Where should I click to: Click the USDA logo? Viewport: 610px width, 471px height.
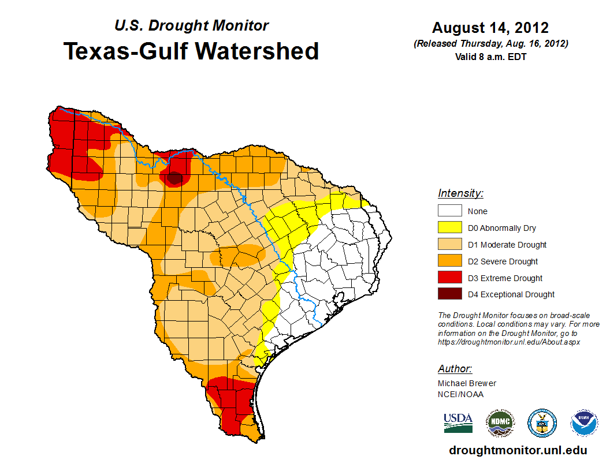458,423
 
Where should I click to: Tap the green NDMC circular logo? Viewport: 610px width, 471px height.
500,423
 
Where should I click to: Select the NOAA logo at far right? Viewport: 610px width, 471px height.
584,423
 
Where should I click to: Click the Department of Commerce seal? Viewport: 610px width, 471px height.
542,423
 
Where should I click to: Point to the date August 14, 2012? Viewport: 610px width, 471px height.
490,28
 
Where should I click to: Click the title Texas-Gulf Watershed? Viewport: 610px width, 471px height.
191,51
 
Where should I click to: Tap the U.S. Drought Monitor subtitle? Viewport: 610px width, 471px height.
192,26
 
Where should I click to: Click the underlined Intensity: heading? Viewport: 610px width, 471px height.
460,193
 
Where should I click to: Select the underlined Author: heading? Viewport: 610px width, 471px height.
455,369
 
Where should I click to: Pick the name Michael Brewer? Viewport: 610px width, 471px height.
467,383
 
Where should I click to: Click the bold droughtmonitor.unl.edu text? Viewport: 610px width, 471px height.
518,451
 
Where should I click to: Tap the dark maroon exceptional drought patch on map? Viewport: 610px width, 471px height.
174,178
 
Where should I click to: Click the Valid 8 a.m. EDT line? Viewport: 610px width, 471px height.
490,57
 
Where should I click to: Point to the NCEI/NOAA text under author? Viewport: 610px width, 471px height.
460,394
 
